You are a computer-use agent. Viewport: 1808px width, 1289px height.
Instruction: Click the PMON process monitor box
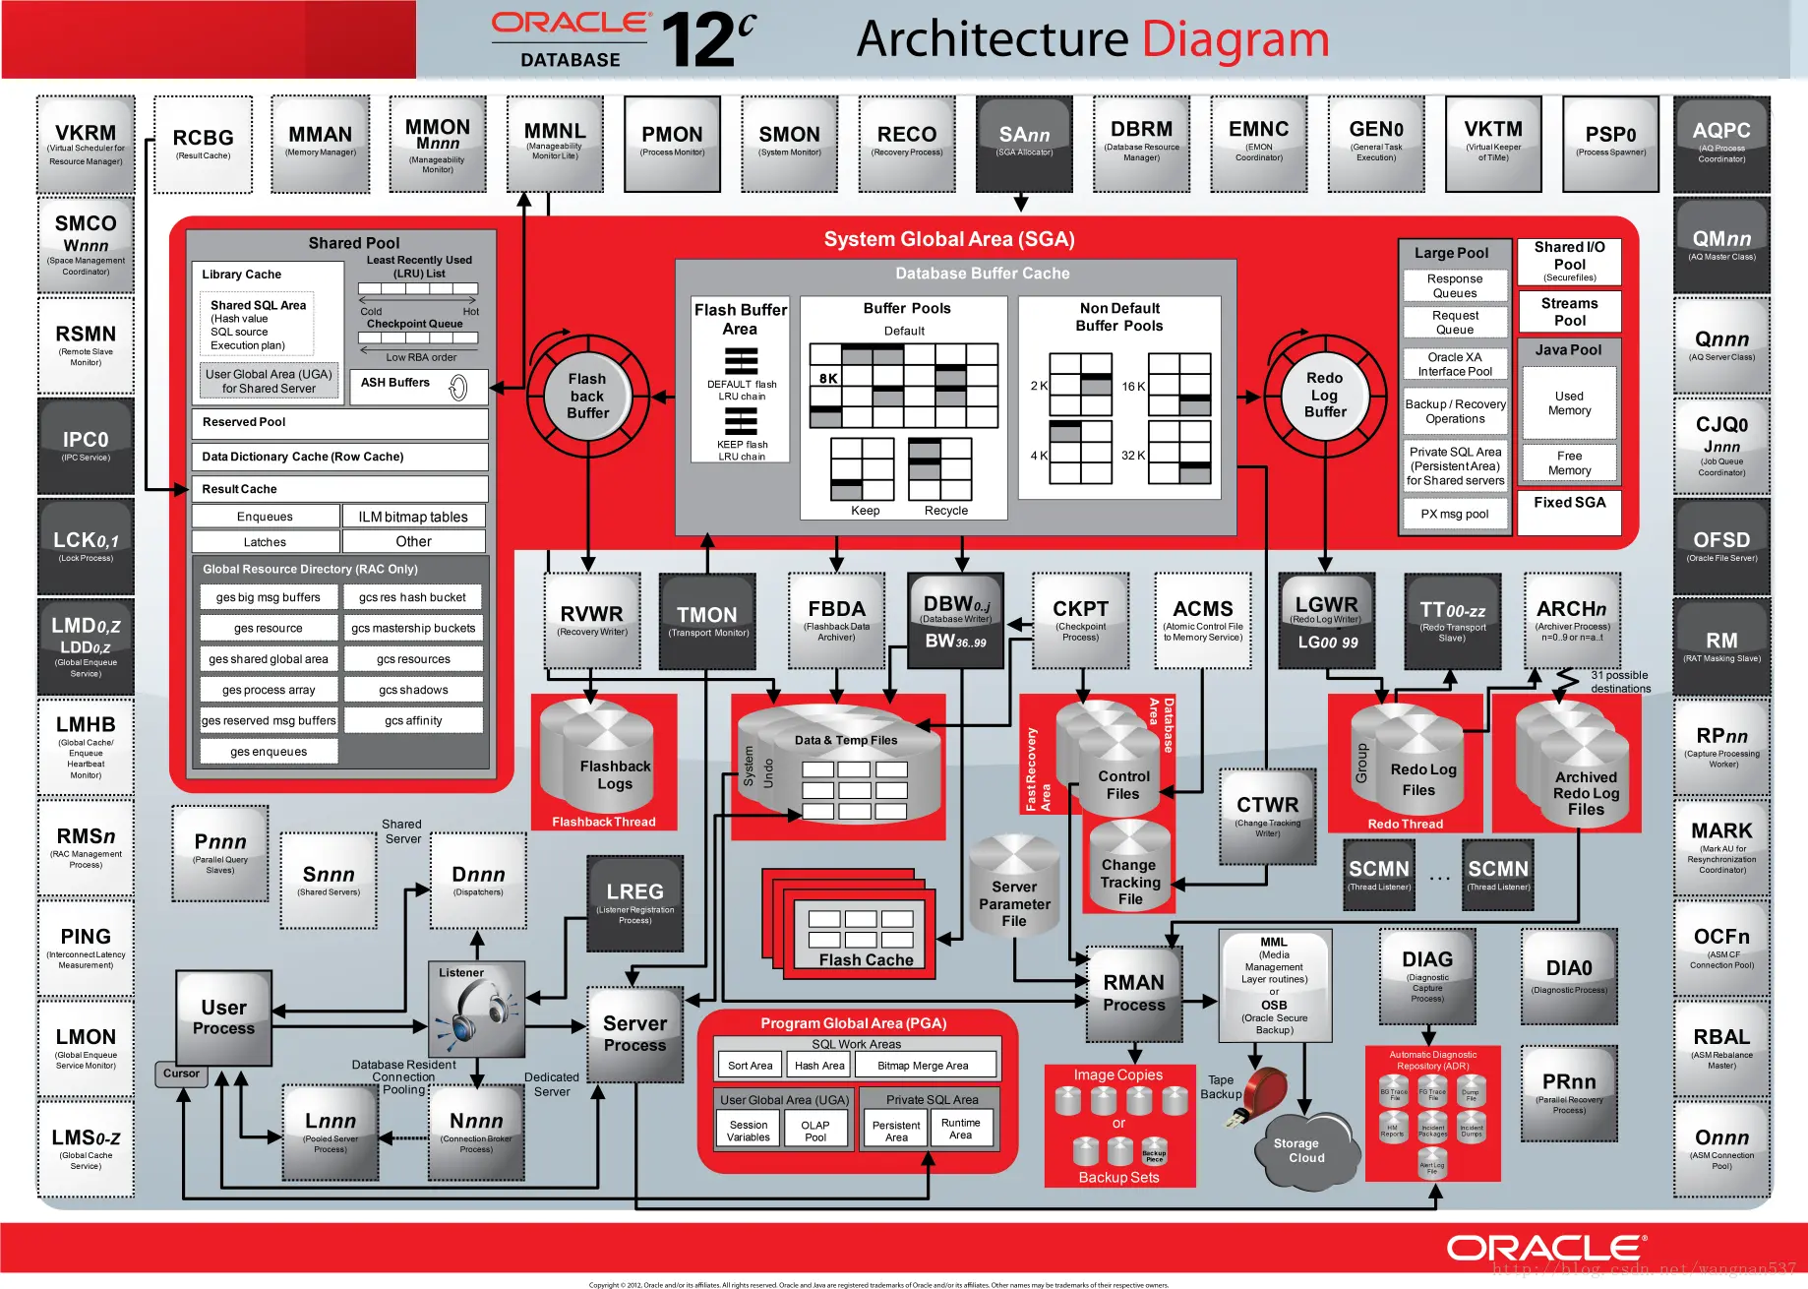coord(672,143)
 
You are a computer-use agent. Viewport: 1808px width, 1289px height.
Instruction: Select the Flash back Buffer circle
coord(587,397)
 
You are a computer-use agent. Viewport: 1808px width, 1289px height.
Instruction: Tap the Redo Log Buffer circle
coord(1325,396)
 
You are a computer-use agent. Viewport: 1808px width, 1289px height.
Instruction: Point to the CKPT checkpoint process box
coord(1080,620)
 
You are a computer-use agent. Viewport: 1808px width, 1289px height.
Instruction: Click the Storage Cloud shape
coord(1300,1150)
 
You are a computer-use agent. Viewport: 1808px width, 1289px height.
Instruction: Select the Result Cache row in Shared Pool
coord(339,489)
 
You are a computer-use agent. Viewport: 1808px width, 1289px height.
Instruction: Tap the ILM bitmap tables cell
coord(413,517)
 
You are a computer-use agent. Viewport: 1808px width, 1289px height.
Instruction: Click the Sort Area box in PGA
coord(750,1066)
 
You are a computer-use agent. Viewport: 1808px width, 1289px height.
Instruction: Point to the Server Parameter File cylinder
coord(1014,890)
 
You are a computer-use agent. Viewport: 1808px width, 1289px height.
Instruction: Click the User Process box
coord(224,1018)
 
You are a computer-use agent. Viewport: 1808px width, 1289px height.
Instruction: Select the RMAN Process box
coord(1133,994)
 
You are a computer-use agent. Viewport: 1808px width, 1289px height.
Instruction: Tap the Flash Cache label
coord(866,959)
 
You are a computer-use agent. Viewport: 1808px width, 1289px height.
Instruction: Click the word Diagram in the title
coord(1235,39)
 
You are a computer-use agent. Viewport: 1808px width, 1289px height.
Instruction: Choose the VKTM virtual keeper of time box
coord(1492,143)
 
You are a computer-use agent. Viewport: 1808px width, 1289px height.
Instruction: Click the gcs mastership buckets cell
coord(413,628)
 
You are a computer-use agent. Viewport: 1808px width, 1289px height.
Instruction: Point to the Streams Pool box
coord(1569,311)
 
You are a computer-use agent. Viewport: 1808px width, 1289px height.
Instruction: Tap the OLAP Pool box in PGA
coord(815,1131)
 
